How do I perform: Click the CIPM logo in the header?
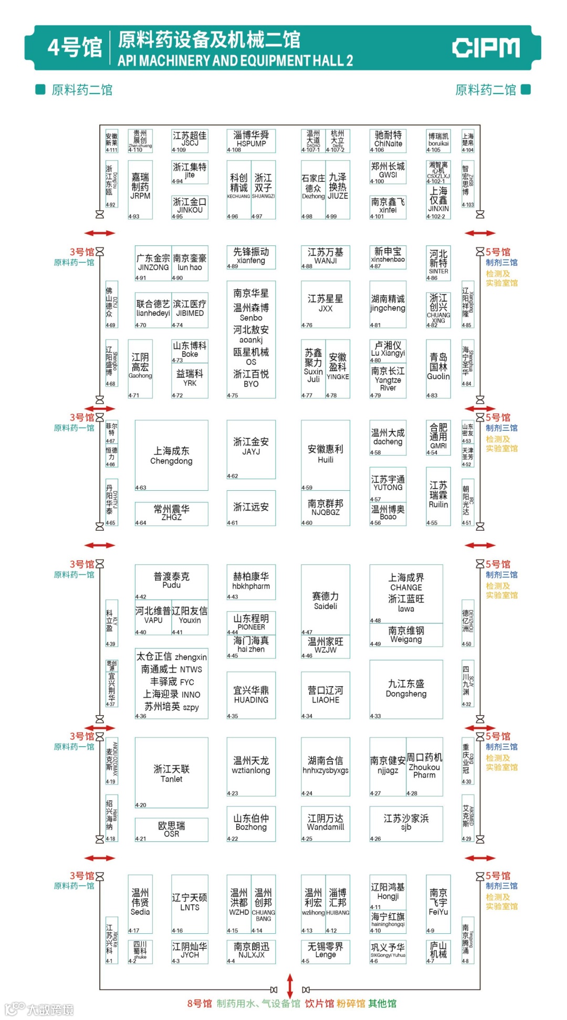[486, 48]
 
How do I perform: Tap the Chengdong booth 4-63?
[171, 455]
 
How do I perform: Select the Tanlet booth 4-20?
[171, 773]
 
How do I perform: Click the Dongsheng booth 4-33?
[406, 689]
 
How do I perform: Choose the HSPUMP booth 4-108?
[251, 140]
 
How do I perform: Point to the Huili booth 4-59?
[325, 454]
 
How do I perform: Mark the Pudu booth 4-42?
[171, 581]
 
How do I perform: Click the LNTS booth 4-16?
[190, 903]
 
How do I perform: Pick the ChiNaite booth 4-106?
[388, 140]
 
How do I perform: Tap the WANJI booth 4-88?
[325, 256]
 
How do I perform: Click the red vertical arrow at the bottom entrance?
[290, 985]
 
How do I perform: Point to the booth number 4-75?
[233, 395]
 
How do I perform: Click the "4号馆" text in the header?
[75, 48]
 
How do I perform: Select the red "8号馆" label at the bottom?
[199, 1004]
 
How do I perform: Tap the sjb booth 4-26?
[406, 823]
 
